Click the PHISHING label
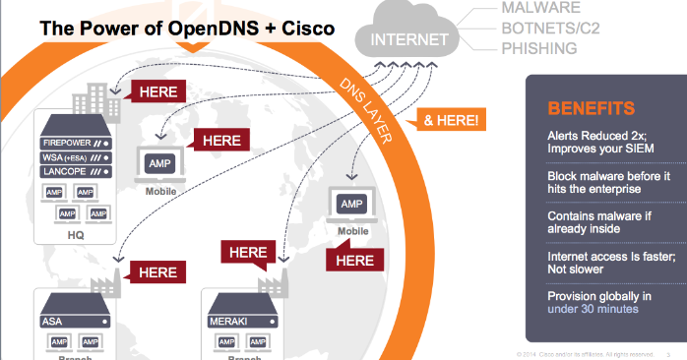click(x=539, y=46)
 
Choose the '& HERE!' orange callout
click(x=451, y=120)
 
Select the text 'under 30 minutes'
click(x=593, y=309)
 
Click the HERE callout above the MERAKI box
click(x=248, y=253)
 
